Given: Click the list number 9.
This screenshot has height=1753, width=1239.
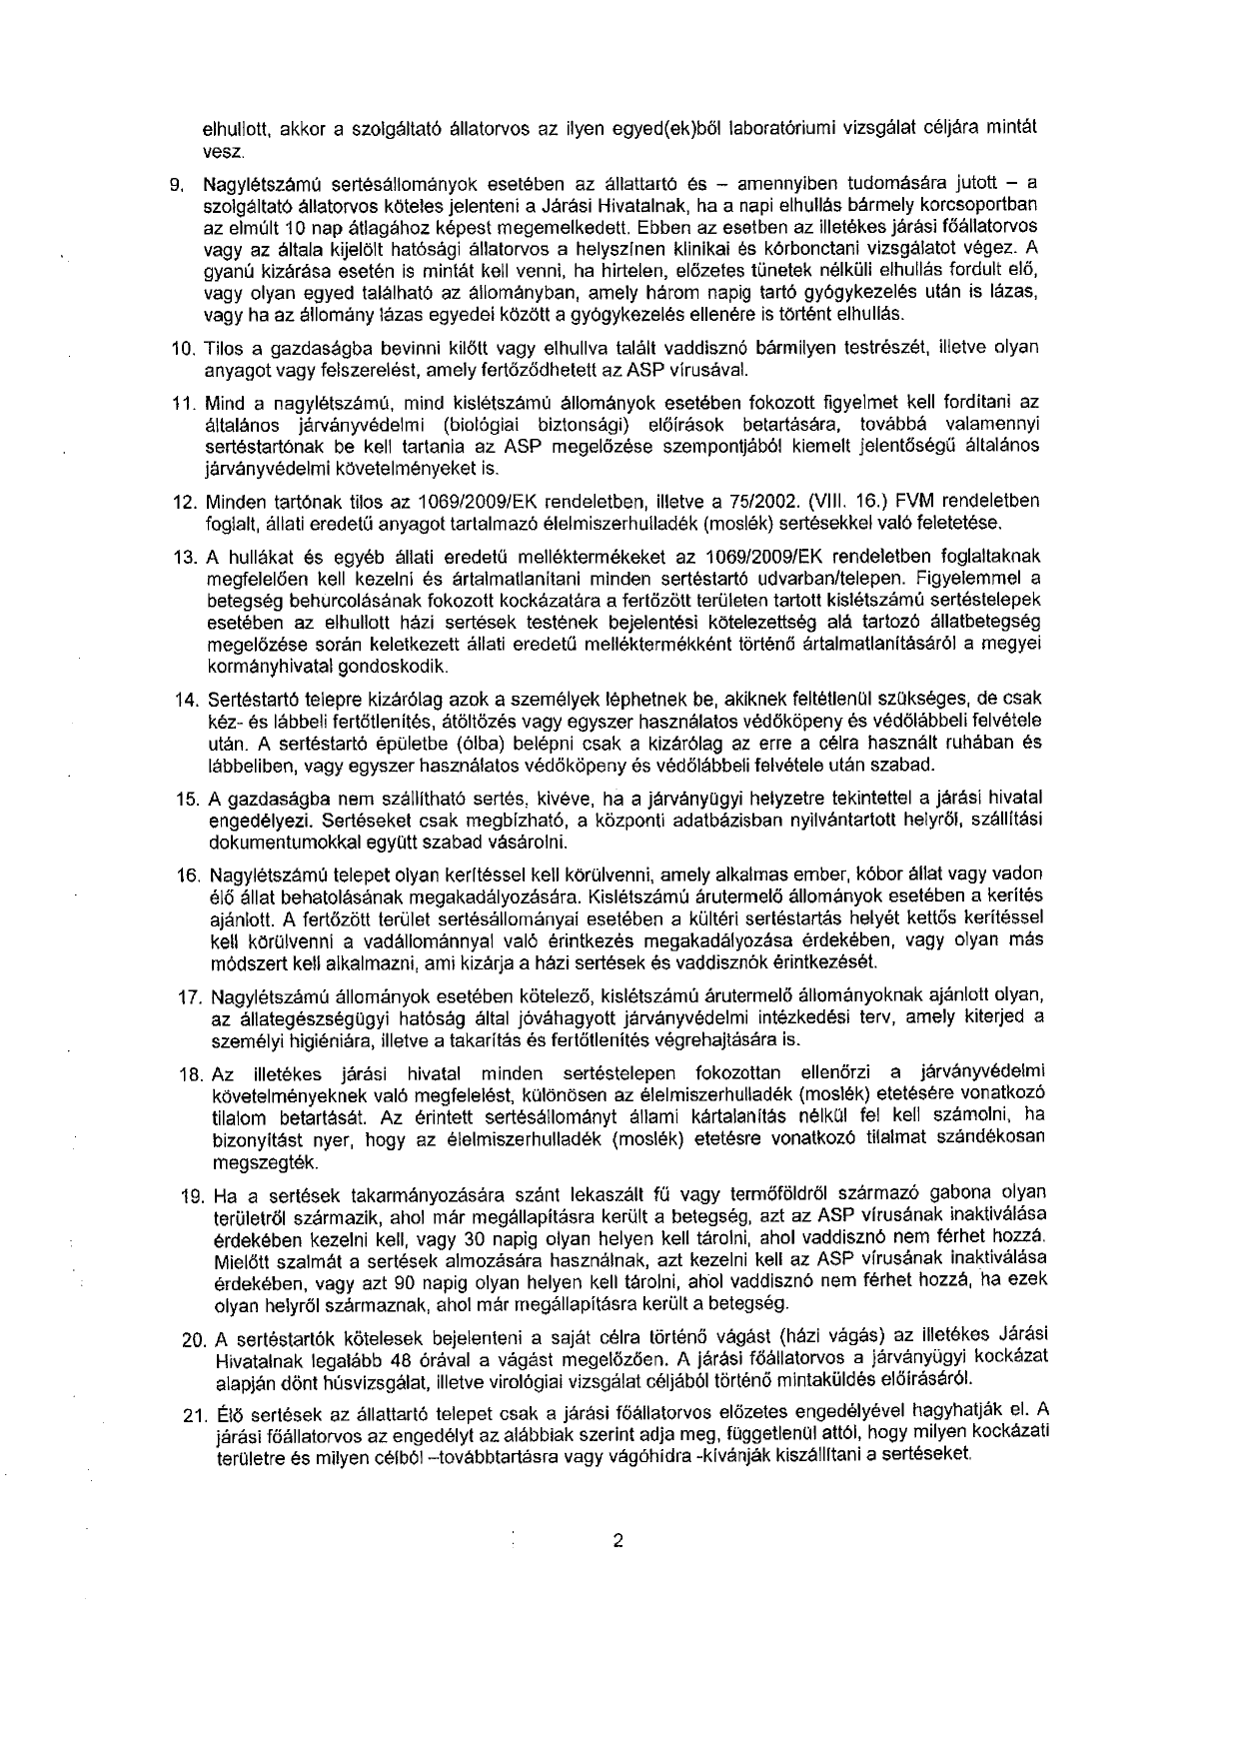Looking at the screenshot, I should point(174,184).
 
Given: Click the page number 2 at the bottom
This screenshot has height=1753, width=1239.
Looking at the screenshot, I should point(619,1540).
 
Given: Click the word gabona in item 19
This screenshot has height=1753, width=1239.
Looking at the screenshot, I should point(959,1193).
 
